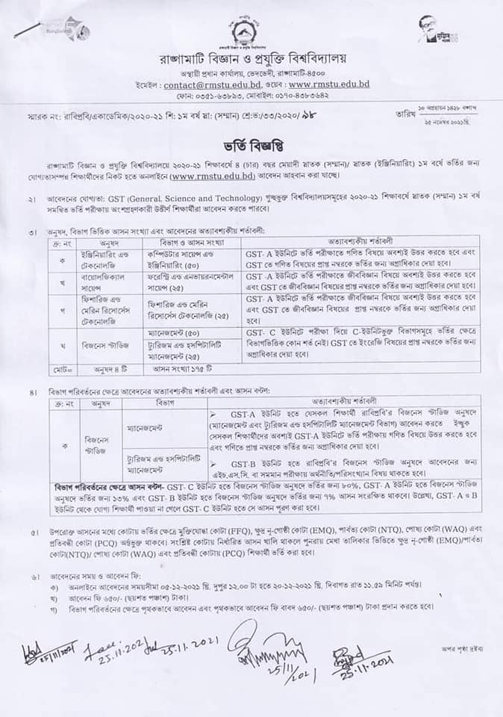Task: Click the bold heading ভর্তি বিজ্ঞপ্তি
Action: (251, 140)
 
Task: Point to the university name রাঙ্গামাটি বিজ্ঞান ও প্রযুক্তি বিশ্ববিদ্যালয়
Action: (251, 58)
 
